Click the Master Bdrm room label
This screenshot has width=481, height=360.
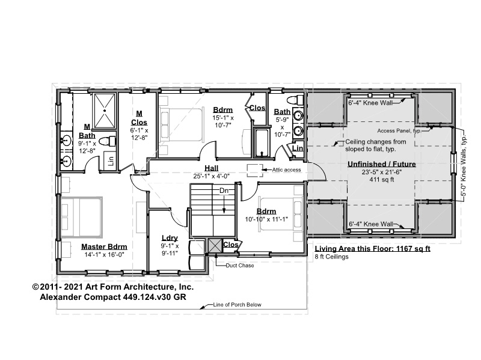[104, 246]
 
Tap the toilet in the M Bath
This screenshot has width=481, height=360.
[108, 141]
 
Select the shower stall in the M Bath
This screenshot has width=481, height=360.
[105, 111]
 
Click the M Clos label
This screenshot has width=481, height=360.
[139, 118]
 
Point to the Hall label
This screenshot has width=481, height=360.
[212, 168]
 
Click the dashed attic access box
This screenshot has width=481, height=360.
[255, 171]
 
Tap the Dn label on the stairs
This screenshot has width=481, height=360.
[224, 191]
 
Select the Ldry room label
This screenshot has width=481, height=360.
[170, 238]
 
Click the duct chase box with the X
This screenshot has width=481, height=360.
[215, 246]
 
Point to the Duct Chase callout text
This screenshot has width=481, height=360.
[240, 266]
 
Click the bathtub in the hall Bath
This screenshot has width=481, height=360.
[261, 143]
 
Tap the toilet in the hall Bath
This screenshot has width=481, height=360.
[295, 100]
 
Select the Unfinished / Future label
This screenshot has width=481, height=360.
[382, 164]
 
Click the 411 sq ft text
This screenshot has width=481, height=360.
[382, 180]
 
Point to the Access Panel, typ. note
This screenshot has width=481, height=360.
[399, 131]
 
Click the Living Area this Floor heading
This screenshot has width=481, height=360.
[372, 249]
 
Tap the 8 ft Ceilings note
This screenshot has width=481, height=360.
[332, 257]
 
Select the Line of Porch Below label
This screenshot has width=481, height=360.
[237, 305]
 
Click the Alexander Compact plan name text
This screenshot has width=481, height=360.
[113, 297]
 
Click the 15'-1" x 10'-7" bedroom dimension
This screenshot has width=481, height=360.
[223, 121]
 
